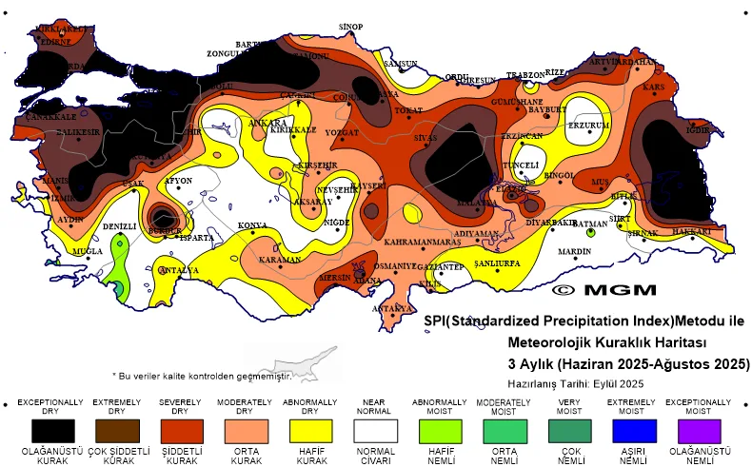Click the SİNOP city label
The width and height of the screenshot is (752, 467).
[351, 26]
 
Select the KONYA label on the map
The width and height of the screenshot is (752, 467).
[252, 225]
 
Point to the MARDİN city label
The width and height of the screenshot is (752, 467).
[574, 252]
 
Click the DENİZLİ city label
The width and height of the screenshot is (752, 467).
[119, 226]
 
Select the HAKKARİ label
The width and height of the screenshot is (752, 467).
[692, 231]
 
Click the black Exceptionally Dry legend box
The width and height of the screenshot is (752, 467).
[50, 429]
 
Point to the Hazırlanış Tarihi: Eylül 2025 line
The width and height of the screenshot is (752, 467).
[575, 383]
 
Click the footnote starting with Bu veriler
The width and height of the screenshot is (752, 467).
[201, 376]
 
